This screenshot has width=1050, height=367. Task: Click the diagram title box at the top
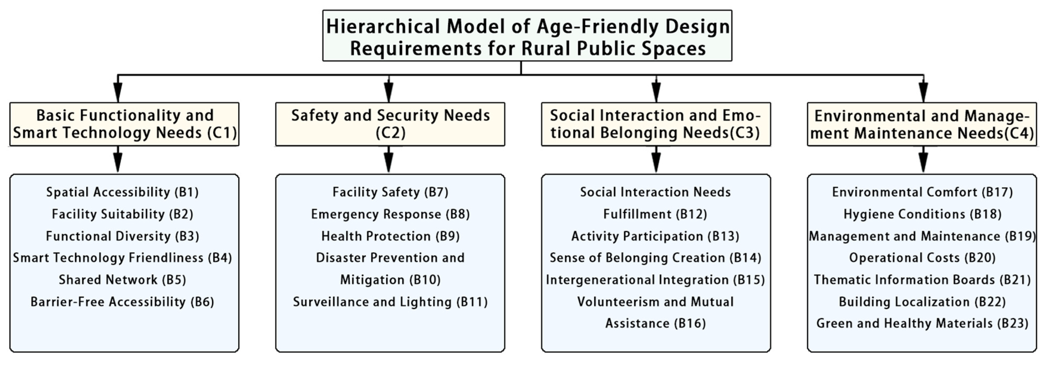coord(527,35)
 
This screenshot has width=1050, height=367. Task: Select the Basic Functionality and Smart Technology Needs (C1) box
coord(124,124)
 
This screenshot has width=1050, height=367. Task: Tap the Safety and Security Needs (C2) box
coord(390,124)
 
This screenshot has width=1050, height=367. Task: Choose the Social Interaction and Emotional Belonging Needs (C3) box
coord(656,124)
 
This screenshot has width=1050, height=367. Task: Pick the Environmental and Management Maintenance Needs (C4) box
coord(922,124)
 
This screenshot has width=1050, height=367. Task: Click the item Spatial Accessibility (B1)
coord(122,192)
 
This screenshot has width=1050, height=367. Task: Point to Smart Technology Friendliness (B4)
coord(122,258)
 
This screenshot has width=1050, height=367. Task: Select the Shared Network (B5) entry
coord(122,280)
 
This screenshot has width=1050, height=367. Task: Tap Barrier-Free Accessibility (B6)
coord(122,302)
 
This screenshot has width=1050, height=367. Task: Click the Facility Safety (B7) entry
coord(390,192)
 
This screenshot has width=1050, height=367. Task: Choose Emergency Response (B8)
coord(390,214)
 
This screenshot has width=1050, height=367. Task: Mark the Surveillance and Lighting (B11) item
coord(390,302)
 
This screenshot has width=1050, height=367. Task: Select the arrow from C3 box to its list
coord(656,159)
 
